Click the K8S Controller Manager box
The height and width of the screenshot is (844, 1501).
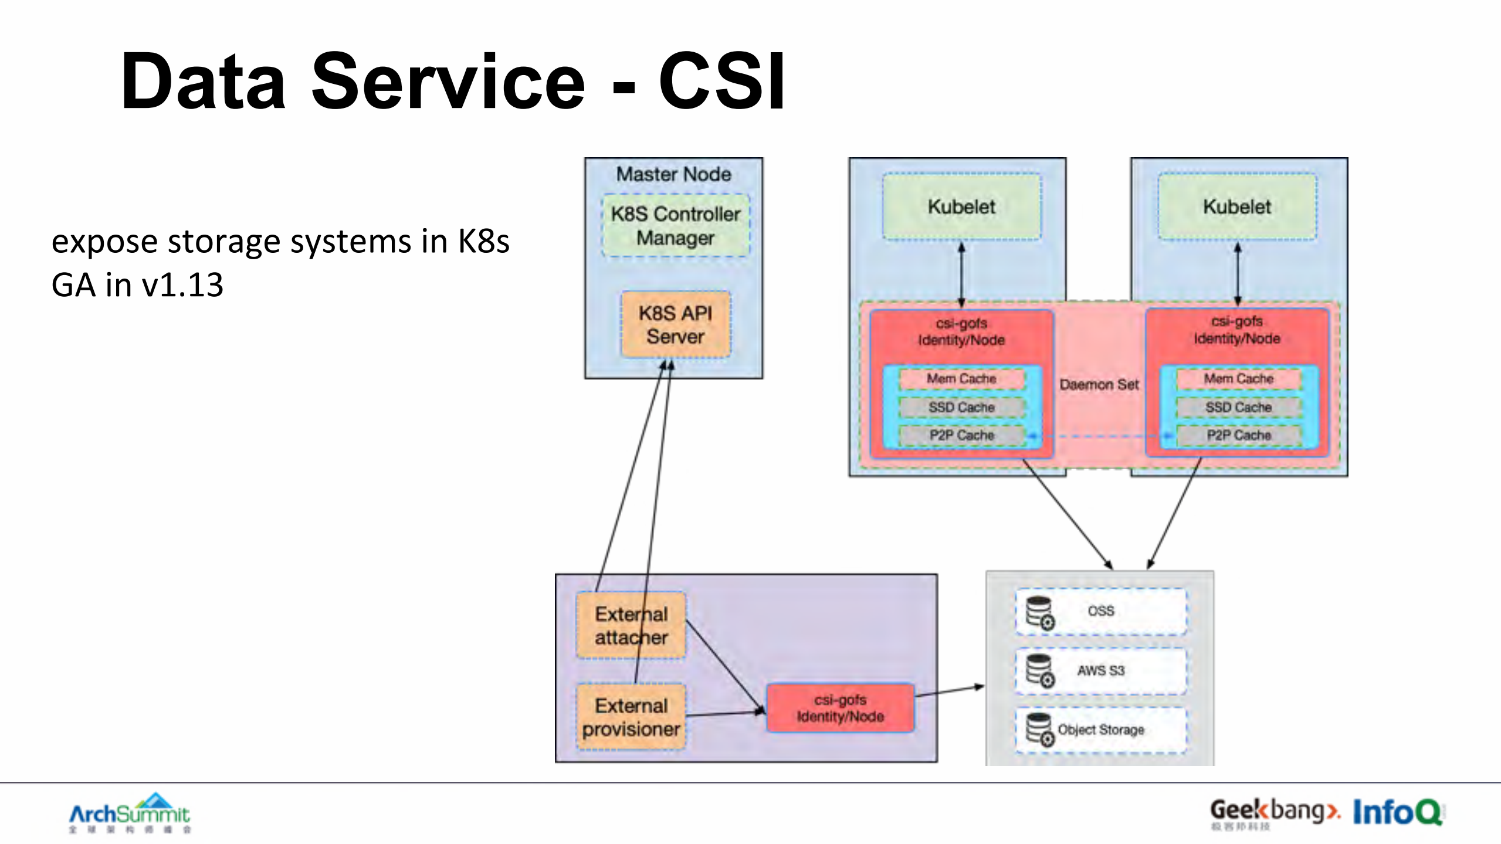(x=675, y=226)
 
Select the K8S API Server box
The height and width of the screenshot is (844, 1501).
(x=675, y=324)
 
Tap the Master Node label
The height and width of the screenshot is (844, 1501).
(x=673, y=174)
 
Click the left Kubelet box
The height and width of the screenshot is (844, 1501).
(x=961, y=206)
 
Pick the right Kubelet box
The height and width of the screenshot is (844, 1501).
(x=1237, y=206)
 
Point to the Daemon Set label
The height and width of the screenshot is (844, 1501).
(x=1099, y=385)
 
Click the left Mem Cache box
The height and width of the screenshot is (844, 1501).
(x=961, y=379)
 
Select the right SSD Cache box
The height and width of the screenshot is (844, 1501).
(x=1238, y=407)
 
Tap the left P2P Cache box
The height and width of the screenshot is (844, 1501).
(x=961, y=435)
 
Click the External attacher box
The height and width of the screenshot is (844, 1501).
(x=631, y=625)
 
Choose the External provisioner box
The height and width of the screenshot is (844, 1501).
(x=631, y=717)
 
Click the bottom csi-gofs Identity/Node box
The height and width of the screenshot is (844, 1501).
(x=840, y=708)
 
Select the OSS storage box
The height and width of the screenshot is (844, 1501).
(x=1100, y=611)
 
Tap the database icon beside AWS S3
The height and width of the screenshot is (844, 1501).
(x=1039, y=670)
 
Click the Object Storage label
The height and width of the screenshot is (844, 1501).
(x=1101, y=730)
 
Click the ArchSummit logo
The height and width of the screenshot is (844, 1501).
(x=130, y=813)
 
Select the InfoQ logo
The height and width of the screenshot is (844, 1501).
(x=1397, y=812)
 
